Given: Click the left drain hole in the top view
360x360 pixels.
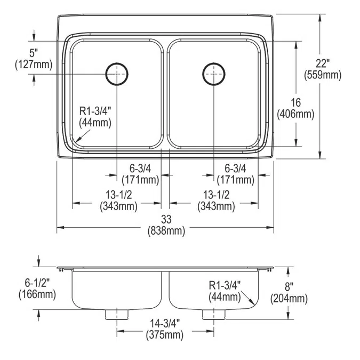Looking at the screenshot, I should pos(117,74).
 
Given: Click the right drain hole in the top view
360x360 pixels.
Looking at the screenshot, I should pos(213,74).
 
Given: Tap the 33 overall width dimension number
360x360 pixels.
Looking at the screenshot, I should pos(166,220).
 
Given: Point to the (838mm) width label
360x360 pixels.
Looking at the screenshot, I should pos(166,230).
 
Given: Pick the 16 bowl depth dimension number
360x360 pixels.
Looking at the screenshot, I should pos(295,102).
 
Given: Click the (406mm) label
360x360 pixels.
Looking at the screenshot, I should pos(295,114).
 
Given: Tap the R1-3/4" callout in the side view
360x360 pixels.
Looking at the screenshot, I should pos(225,285).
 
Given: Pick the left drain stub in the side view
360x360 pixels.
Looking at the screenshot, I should pos(117,314).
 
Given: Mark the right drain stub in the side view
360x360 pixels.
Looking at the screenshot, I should pos(213,314).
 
